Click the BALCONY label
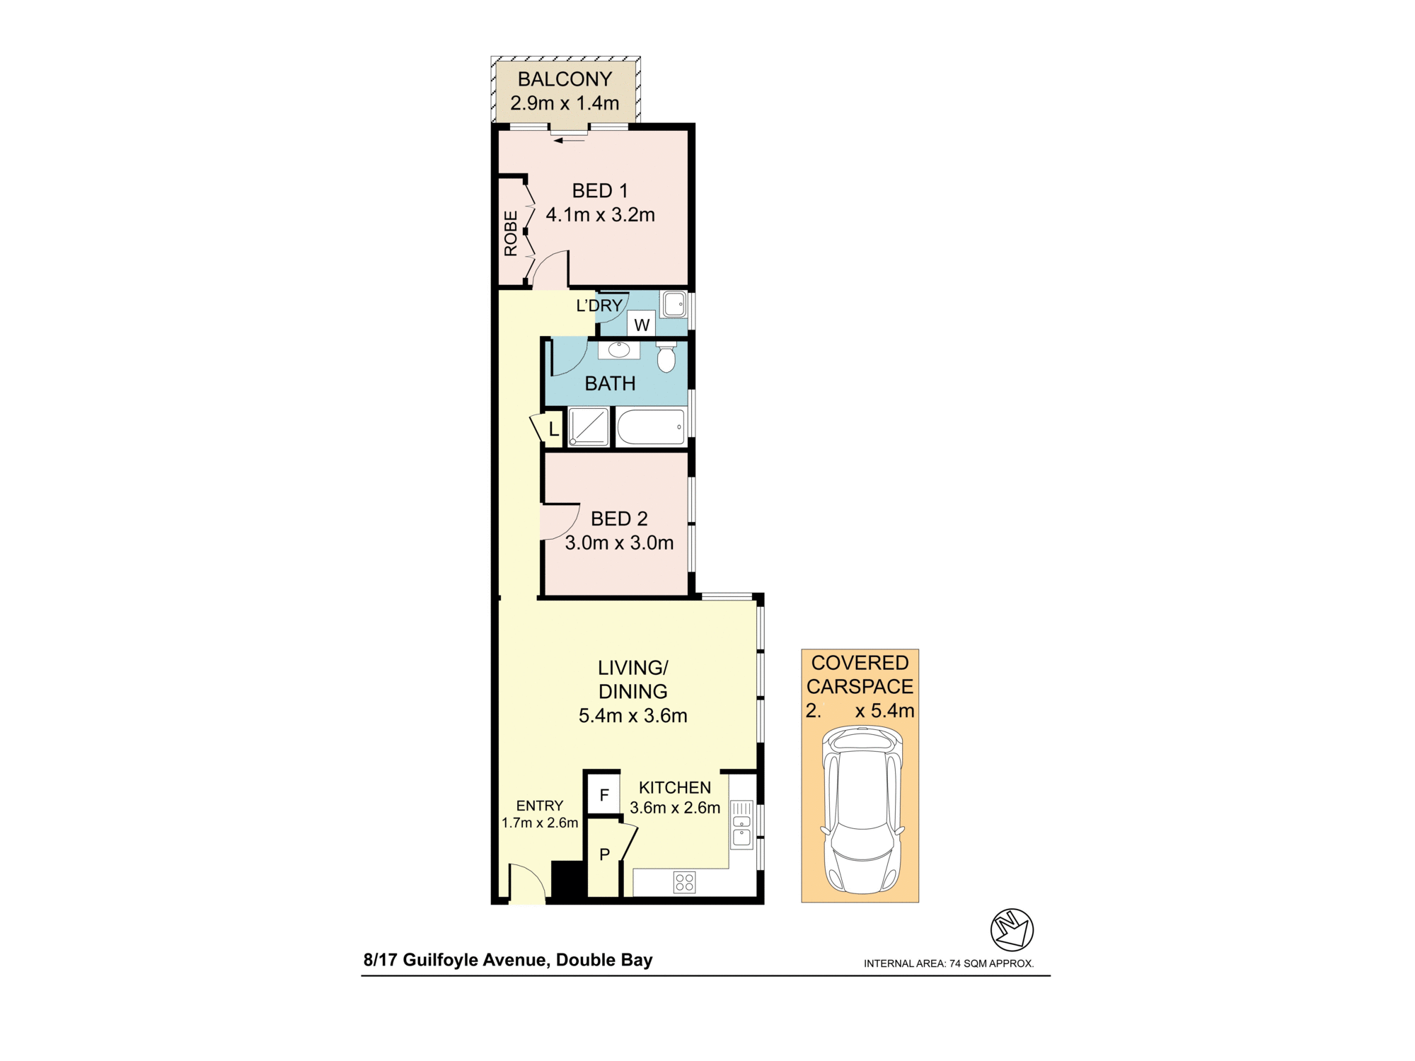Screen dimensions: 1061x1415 tap(565, 79)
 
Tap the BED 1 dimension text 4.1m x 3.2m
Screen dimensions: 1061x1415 tap(600, 215)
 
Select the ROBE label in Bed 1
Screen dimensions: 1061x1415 tap(511, 233)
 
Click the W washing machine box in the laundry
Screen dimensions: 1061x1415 tap(642, 325)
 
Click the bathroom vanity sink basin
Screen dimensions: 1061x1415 tap(619, 349)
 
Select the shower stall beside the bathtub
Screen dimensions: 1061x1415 tap(589, 427)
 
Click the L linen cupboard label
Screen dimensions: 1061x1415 tap(553, 429)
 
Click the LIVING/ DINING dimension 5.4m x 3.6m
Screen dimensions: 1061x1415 tap(633, 715)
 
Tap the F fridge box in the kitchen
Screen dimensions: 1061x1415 tap(604, 795)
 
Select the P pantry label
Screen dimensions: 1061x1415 tap(604, 854)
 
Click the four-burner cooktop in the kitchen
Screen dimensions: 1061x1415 tap(684, 882)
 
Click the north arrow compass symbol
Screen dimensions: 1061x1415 tap(1011, 929)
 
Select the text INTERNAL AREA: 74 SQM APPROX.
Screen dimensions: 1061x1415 tap(948, 963)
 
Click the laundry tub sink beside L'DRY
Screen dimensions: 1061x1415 tap(674, 305)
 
